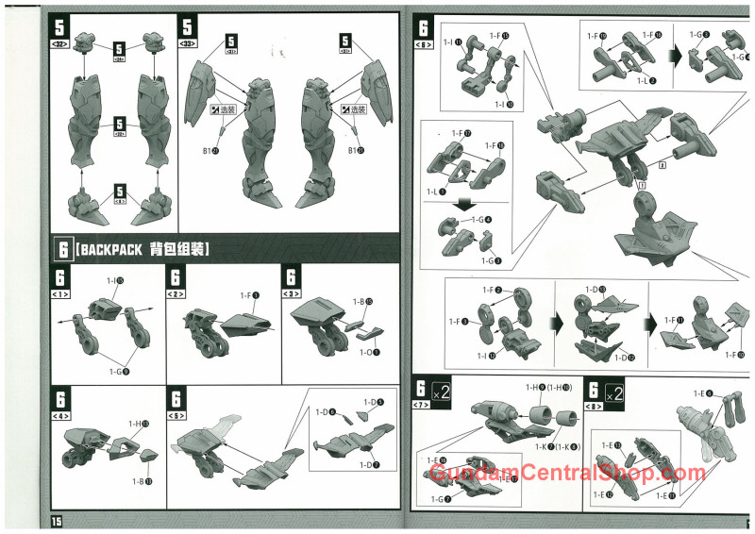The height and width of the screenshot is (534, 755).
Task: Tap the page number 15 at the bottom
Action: [x=56, y=522]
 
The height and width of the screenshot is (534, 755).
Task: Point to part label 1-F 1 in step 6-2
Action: [x=247, y=295]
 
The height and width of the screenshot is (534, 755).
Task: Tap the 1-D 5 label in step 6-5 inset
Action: [x=372, y=403]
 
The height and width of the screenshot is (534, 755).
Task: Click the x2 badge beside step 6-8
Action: [x=613, y=391]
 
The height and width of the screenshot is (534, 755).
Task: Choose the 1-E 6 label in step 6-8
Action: [x=702, y=393]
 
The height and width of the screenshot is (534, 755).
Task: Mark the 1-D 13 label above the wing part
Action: [x=596, y=289]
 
